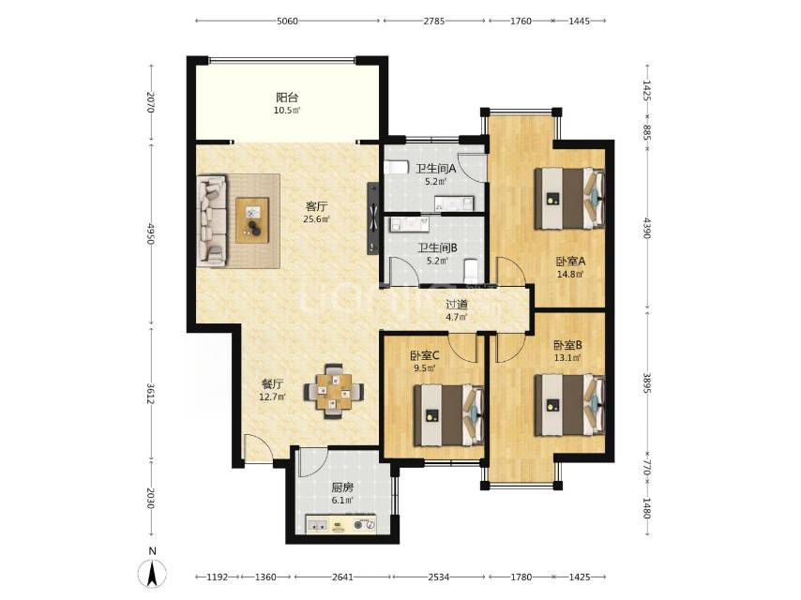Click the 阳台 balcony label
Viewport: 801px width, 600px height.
coord(287,97)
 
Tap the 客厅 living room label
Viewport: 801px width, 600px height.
coord(317,207)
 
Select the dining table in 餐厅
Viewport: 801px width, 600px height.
coord(334,391)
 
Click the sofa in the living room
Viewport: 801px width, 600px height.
coord(212,220)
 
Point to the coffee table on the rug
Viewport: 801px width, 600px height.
coord(252,220)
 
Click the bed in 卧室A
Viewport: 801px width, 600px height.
coord(569,199)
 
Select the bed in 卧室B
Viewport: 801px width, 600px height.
coord(569,405)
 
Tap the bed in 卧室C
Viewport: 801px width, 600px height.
coord(448,415)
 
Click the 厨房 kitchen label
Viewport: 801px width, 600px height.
coord(342,487)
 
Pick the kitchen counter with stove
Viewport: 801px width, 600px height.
coord(340,524)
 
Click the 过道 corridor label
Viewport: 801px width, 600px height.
coord(457,305)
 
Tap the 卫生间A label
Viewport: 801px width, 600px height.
coord(436,168)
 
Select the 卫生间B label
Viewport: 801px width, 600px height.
coord(437,248)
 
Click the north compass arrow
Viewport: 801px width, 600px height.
coord(152,573)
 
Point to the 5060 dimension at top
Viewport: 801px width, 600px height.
coord(287,21)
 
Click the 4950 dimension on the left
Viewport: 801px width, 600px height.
coord(151,232)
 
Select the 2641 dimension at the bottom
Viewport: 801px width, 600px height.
coord(342,577)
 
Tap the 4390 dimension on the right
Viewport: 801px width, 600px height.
coord(647,228)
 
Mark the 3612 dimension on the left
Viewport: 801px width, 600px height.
coord(151,394)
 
